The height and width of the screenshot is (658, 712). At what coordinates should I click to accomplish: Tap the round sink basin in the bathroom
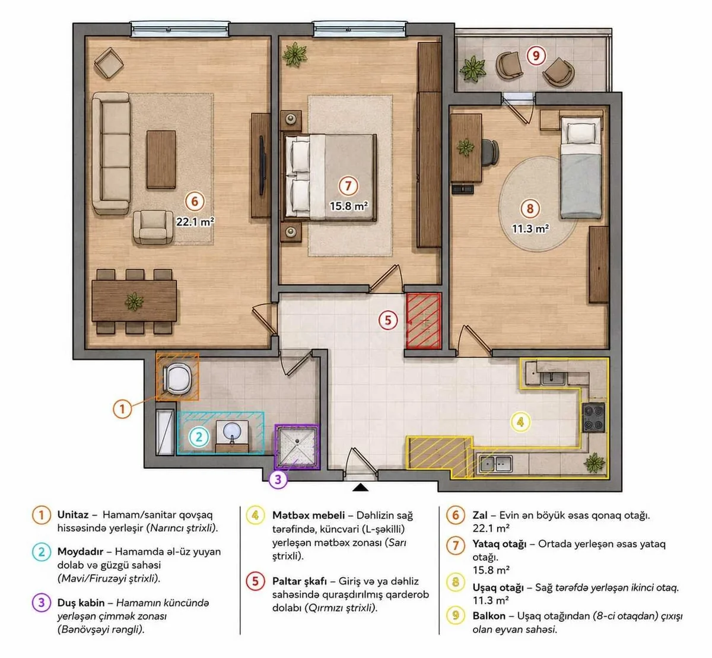coord(232,431)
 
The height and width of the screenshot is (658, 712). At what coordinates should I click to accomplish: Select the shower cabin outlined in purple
coord(297,446)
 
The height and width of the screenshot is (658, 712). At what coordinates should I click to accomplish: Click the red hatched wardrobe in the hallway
coord(424,320)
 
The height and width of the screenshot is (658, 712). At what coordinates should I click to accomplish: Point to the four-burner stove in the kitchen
coord(593,417)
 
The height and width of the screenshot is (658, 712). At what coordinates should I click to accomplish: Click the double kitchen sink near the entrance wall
coord(496,464)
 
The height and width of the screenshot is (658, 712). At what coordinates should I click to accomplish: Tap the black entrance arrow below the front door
coord(360,487)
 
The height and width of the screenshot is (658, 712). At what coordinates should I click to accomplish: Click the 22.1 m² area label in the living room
coord(195,221)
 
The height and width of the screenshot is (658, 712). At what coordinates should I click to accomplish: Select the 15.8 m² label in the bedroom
coord(348,206)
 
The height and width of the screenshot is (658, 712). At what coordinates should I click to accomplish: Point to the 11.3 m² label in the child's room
coord(530,228)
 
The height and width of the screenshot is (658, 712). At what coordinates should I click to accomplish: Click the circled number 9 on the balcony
coord(536,56)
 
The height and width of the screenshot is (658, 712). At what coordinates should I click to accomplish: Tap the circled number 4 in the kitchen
coord(520,422)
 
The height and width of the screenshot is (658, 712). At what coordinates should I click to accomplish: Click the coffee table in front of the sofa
coord(161,159)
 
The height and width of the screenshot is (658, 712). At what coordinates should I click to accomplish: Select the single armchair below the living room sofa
coord(153,227)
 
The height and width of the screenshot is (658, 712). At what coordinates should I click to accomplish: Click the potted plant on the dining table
coord(134,301)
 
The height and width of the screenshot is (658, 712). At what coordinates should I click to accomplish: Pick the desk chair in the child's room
coord(490,152)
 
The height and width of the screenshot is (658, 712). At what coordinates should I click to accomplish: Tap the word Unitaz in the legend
coord(73,514)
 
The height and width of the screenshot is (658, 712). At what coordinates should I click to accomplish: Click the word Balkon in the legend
coord(489,616)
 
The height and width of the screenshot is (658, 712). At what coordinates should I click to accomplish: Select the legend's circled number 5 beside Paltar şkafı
coord(255,581)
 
